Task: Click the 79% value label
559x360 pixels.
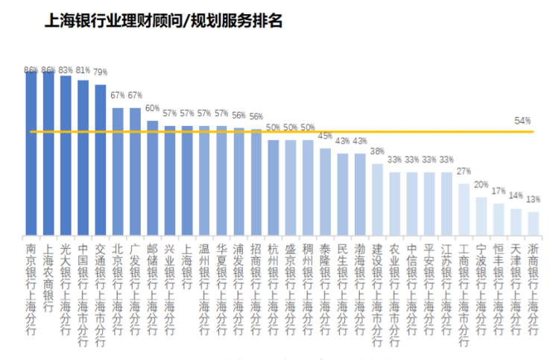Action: [100, 72]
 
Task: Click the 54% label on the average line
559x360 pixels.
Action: [522, 121]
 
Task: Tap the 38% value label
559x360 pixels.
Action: [377, 151]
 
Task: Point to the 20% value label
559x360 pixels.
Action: [481, 184]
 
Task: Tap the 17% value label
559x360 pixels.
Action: [499, 191]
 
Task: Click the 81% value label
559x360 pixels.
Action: [83, 71]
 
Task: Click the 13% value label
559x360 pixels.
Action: [533, 199]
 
